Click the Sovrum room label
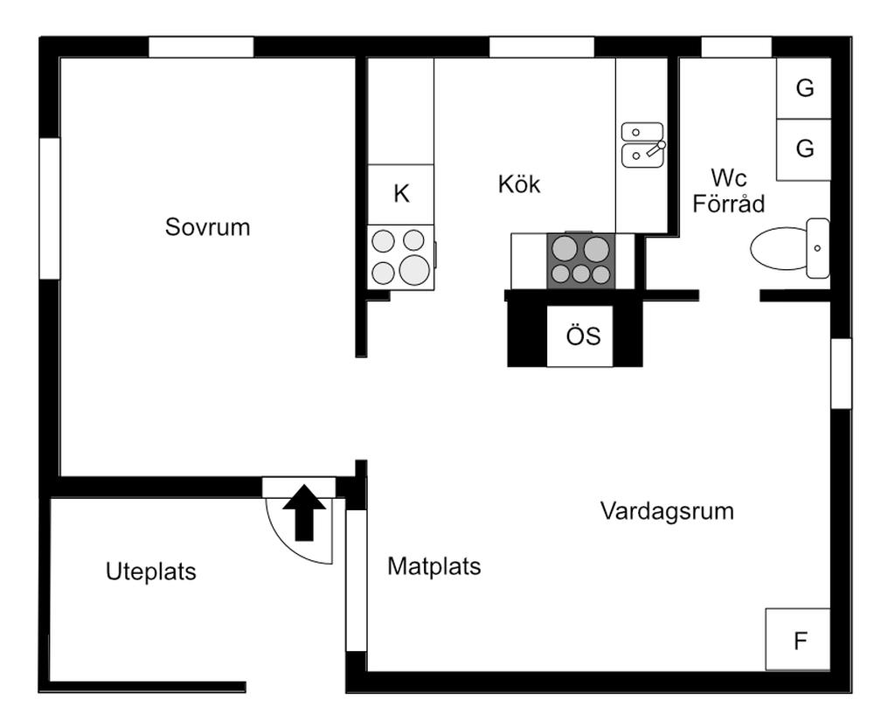click(x=207, y=227)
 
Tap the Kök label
click(x=519, y=184)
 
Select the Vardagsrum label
click(x=667, y=511)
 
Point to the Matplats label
click(x=434, y=566)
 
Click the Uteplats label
click(x=151, y=572)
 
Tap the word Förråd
click(x=729, y=204)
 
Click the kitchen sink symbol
click(x=642, y=144)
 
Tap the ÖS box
click(x=583, y=336)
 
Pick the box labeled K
click(x=401, y=194)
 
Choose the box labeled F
click(x=799, y=640)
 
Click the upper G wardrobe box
click(x=804, y=88)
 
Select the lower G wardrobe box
click(x=804, y=149)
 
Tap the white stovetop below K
click(x=400, y=257)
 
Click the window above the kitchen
click(x=541, y=47)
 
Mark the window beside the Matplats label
click(x=357, y=581)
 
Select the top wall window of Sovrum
click(x=201, y=47)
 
